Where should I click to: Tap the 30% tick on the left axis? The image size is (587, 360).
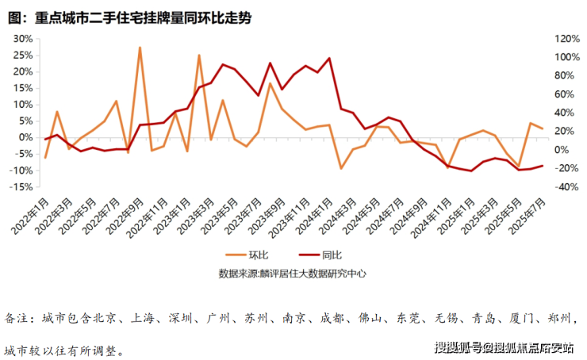tap(23, 38)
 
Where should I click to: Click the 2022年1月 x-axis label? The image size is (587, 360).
tap(30, 215)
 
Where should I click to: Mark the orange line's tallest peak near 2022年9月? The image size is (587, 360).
tap(140, 48)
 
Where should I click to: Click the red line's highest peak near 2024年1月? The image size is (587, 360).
tap(329, 59)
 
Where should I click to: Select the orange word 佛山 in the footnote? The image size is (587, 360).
tap(371, 319)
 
